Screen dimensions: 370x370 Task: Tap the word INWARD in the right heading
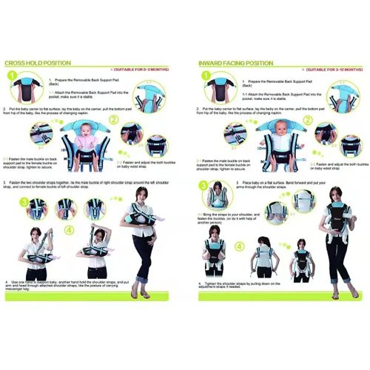213,64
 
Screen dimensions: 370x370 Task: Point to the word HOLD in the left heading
41,64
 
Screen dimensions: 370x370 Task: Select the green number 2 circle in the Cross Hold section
113,119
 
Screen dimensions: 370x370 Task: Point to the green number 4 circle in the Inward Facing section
240,246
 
